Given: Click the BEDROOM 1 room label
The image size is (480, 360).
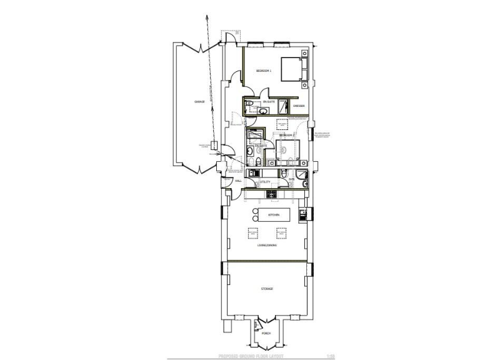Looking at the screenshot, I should click(263, 71).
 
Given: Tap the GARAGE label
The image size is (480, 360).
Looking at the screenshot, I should click(199, 101).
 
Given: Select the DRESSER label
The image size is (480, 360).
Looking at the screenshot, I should click(299, 106).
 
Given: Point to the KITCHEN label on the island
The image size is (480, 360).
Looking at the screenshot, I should click(273, 215).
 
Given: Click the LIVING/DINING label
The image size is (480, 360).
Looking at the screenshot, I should click(267, 246).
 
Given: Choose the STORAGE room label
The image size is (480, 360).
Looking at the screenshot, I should click(267, 289).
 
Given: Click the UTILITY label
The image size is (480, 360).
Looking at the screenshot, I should click(264, 182).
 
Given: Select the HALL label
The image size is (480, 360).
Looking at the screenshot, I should click(238, 181).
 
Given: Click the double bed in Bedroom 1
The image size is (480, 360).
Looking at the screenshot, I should click(292, 69).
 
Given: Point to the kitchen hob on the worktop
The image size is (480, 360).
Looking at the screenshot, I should click(272, 194).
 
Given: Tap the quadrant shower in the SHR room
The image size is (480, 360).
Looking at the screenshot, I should click(302, 174).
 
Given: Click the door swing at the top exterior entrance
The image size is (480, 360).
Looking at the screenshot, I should click(230, 37).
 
